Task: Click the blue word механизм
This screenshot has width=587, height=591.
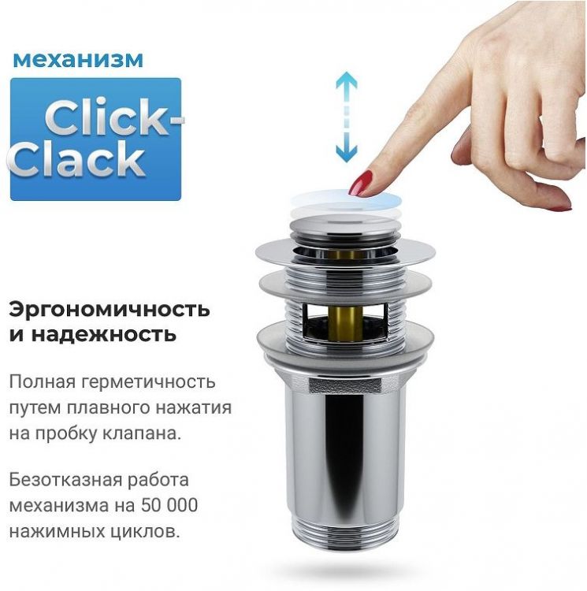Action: [x=77, y=60]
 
